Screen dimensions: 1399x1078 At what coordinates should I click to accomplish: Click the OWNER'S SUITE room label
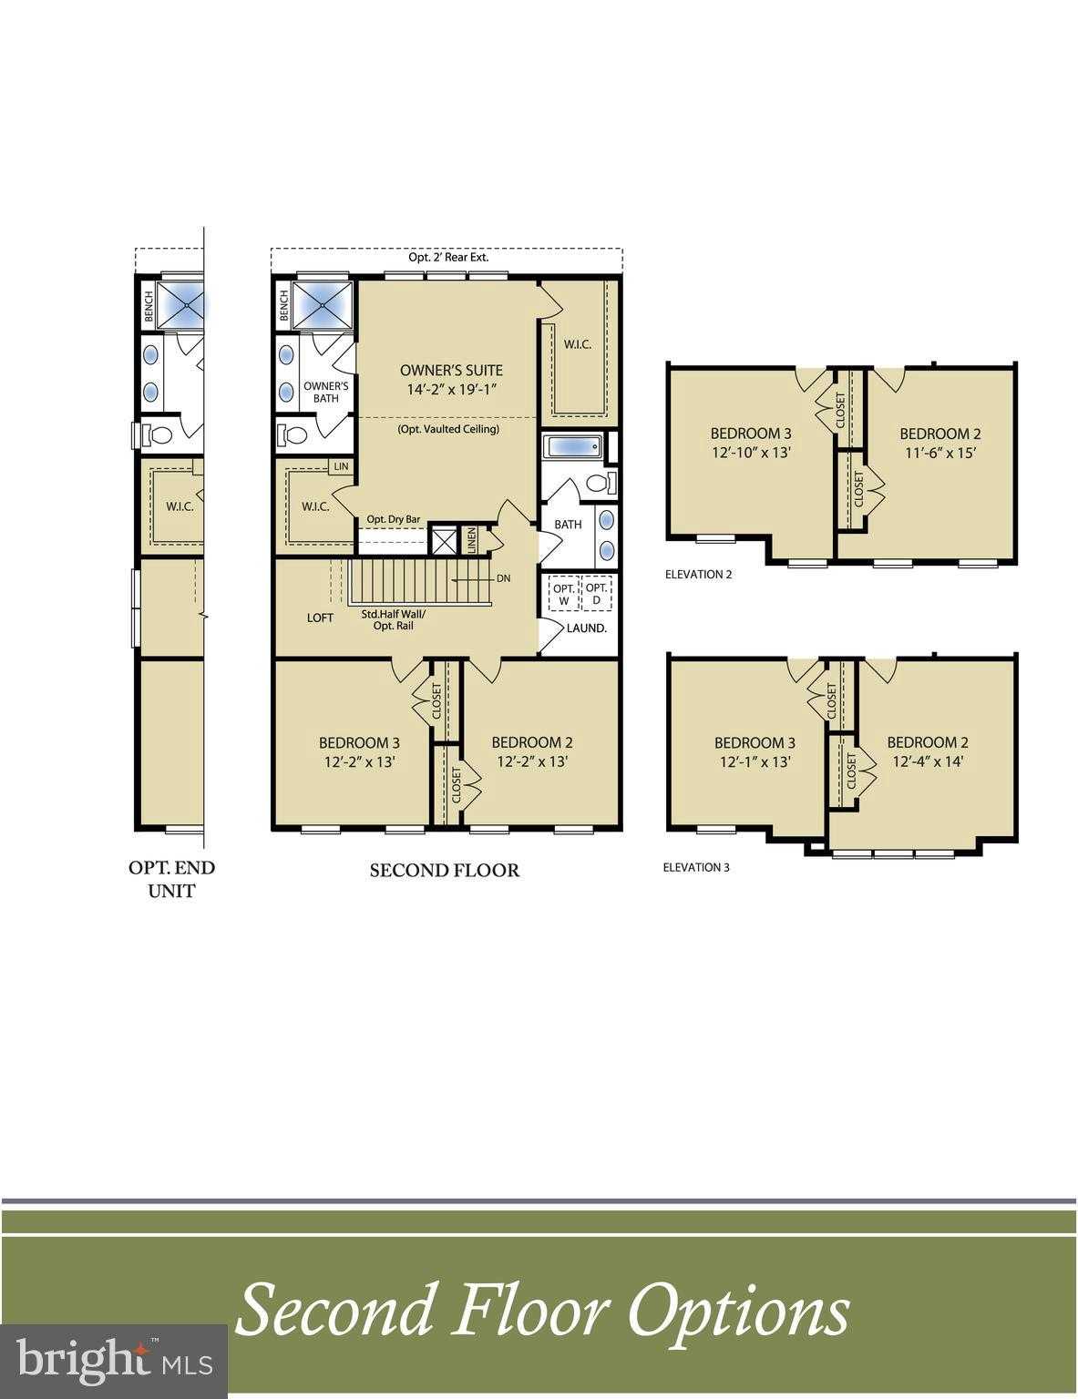tap(451, 370)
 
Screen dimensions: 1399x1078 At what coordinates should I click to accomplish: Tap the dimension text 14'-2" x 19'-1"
tap(451, 389)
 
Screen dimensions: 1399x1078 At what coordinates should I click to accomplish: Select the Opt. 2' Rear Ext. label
tap(447, 257)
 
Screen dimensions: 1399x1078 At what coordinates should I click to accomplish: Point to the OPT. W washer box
tap(563, 595)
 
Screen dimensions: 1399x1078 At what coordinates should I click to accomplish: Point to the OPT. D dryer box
tap(597, 595)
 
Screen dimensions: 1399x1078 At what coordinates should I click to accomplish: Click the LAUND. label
tap(587, 628)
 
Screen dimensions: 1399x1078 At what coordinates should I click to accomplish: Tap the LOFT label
tap(320, 618)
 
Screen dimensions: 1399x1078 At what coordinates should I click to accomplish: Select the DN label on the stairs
tap(504, 578)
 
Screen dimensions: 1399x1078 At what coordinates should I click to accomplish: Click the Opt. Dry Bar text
tap(393, 519)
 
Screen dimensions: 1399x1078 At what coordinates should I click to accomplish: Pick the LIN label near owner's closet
tap(342, 466)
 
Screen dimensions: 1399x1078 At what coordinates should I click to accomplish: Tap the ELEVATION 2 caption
tap(698, 575)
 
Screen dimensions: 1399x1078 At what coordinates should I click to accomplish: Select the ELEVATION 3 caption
tap(696, 867)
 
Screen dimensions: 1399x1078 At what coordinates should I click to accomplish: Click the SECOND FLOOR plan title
tap(444, 871)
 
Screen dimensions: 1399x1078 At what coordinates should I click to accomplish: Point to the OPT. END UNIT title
tap(171, 879)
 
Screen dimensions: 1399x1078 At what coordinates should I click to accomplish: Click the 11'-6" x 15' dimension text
tap(939, 453)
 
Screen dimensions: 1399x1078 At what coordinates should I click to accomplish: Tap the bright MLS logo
tap(114, 1361)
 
